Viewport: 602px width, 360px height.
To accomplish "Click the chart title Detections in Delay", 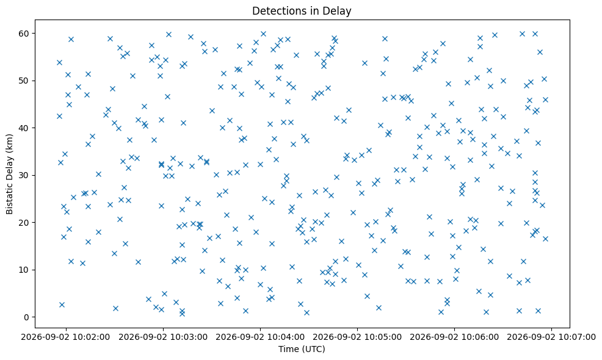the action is [x=302, y=11].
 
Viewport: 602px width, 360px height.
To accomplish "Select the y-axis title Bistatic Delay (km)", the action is [x=10, y=175].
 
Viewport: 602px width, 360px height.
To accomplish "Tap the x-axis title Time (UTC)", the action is [x=302, y=349].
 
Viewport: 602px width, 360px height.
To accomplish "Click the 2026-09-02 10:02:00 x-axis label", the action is [x=66, y=337].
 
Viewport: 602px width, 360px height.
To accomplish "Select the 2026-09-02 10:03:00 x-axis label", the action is [x=163, y=337].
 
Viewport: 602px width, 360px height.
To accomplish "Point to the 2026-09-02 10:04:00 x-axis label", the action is [x=260, y=337].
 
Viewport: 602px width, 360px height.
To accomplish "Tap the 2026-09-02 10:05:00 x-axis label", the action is [x=357, y=337].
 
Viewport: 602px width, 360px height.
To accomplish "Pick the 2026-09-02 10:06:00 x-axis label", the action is [x=455, y=337].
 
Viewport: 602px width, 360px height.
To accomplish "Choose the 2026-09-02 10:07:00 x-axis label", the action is [x=552, y=337].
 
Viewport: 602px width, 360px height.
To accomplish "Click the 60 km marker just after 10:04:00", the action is [x=263, y=34].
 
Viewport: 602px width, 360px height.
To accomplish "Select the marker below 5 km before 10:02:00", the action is [x=62, y=304].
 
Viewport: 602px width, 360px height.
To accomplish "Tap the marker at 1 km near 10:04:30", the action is [x=306, y=313].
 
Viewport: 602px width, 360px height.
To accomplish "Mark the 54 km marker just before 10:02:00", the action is [x=59, y=63].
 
